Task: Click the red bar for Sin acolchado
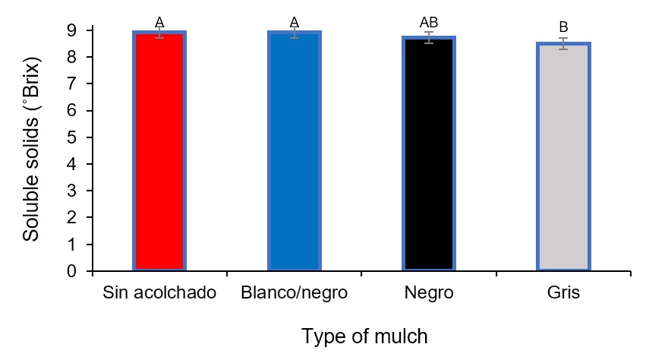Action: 159,152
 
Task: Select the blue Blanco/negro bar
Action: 294,152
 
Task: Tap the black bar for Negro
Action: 429,152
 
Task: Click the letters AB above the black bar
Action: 429,22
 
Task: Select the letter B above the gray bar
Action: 563,28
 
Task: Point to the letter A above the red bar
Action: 159,21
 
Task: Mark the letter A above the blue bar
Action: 295,21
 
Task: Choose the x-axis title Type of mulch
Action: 364,336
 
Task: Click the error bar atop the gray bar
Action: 563,43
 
